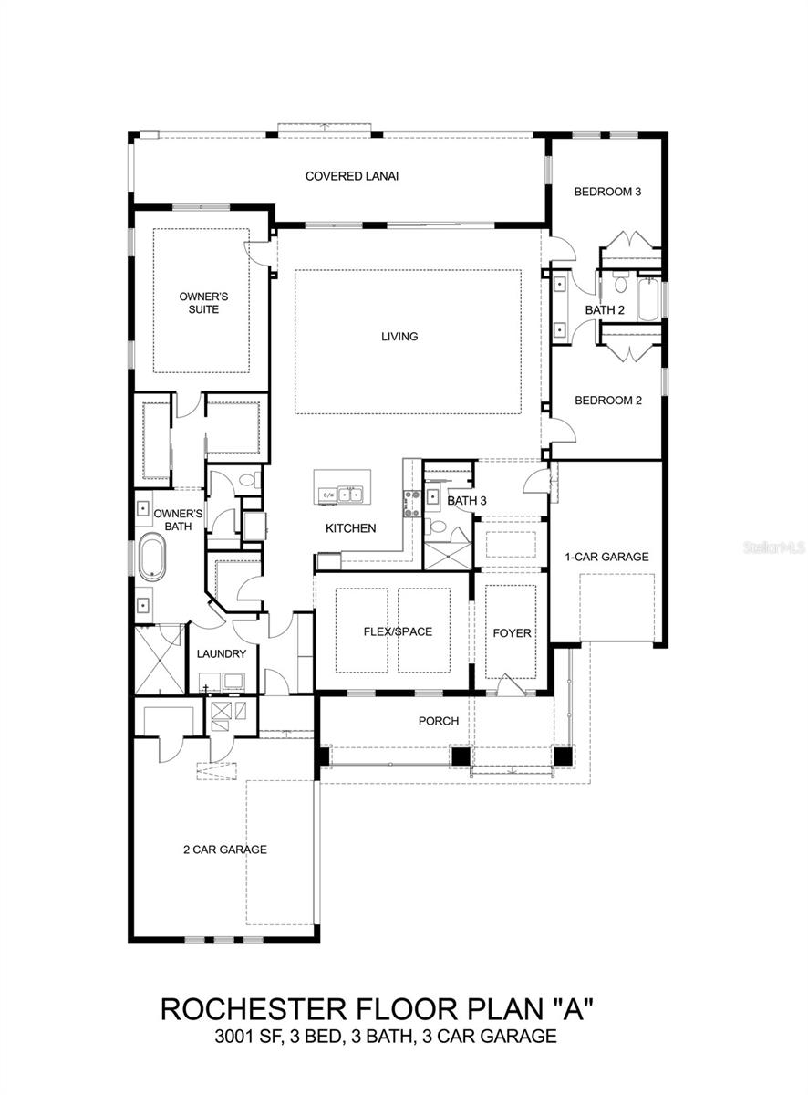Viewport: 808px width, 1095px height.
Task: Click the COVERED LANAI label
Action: (x=351, y=176)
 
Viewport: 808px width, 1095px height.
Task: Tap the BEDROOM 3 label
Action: (x=607, y=192)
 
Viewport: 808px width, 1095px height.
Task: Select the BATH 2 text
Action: (x=605, y=310)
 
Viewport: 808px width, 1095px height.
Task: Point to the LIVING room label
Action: (x=399, y=337)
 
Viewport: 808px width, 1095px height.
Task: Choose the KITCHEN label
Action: (x=351, y=528)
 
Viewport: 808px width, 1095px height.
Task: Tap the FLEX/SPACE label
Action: (x=397, y=631)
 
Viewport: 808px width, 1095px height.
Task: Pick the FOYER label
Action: (x=512, y=633)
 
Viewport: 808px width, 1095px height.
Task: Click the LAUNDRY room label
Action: (x=221, y=654)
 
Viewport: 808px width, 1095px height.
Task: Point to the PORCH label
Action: (x=438, y=721)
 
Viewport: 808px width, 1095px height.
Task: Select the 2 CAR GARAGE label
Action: (x=224, y=850)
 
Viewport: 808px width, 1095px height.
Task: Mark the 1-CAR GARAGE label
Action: (x=606, y=557)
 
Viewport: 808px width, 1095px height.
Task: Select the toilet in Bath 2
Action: (x=619, y=281)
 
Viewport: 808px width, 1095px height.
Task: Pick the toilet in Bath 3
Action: (x=437, y=527)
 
